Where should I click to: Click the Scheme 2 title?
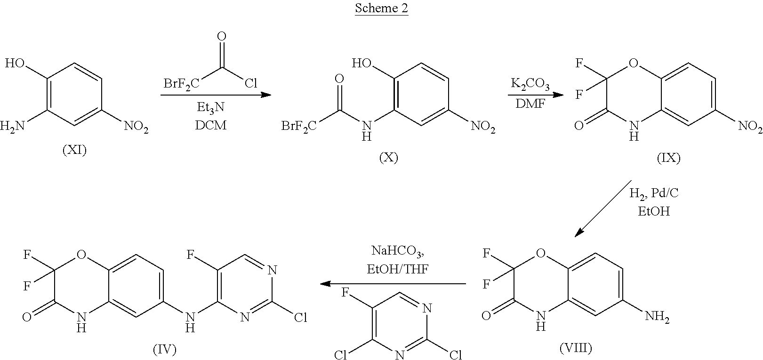point(381,8)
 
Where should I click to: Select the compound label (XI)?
point(74,150)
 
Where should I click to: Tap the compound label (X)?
point(389,157)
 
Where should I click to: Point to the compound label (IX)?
point(669,158)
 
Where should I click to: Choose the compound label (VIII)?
point(576,348)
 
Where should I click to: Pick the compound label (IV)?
point(165,349)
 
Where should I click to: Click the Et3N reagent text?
point(210,108)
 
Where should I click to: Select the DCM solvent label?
point(210,125)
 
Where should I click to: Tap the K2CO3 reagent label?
point(530,84)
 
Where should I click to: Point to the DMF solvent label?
point(530,103)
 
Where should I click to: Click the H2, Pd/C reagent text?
point(654,193)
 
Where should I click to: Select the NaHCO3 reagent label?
point(398,251)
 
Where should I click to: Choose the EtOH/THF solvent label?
point(398,269)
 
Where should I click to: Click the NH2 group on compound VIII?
point(657,317)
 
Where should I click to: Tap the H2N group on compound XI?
point(13,127)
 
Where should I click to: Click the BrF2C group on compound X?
point(299,127)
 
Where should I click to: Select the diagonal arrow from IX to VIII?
point(603,208)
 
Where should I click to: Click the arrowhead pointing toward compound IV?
point(326,283)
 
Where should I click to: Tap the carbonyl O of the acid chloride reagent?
point(221,36)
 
